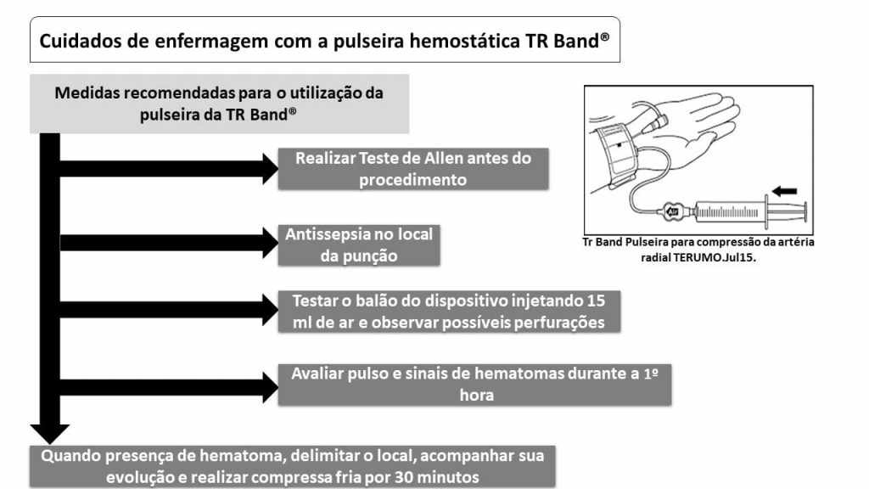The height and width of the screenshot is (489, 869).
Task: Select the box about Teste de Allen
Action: [x=413, y=169]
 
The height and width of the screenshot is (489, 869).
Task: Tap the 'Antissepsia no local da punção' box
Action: [x=359, y=245]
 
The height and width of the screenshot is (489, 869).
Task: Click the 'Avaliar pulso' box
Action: [x=475, y=385]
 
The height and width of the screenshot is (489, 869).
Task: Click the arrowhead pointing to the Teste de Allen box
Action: [x=270, y=169]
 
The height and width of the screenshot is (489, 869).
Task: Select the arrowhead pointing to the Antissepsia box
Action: [x=270, y=242]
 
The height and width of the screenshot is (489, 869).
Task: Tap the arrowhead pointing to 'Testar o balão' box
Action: [x=270, y=310]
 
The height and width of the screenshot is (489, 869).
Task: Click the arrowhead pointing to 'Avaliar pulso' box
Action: [x=270, y=387]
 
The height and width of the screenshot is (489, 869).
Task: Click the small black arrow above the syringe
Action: [x=784, y=191]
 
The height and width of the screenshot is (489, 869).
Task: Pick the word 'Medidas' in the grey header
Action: [x=87, y=93]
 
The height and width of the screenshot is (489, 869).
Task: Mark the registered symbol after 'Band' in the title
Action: [x=604, y=37]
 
